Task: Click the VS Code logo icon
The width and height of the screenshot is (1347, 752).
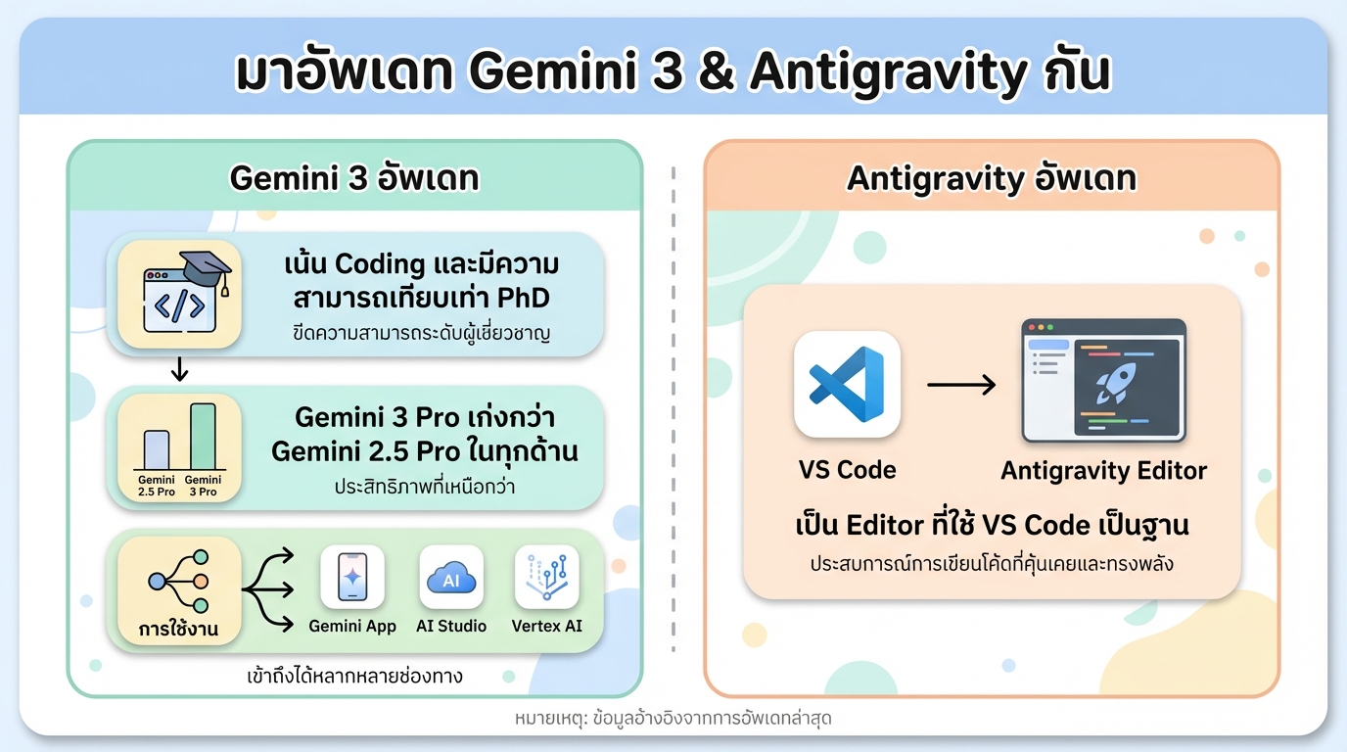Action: [x=847, y=384]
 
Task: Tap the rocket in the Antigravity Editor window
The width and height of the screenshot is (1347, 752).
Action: [x=1117, y=384]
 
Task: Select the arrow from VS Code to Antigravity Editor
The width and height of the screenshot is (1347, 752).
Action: [x=960, y=385]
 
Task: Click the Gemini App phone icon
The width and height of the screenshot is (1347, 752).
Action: [x=352, y=577]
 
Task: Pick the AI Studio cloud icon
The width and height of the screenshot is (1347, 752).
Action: [x=450, y=577]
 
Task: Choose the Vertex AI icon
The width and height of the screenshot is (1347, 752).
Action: [x=546, y=577]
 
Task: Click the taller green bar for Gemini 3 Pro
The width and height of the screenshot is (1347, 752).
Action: [x=203, y=437]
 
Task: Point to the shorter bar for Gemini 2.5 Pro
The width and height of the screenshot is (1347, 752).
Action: [x=157, y=450]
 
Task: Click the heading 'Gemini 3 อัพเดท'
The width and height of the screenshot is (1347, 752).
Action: [x=353, y=178]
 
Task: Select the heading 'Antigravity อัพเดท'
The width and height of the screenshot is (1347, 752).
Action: [x=991, y=178]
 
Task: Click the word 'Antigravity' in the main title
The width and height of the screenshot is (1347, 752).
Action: [x=889, y=74]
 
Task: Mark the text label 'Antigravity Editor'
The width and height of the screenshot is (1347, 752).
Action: [x=1103, y=471]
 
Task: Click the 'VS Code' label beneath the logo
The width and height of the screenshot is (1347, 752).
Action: [x=847, y=470]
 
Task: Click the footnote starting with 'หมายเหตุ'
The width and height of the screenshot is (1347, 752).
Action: [x=673, y=718]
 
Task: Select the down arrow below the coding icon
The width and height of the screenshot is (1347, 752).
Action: [x=179, y=370]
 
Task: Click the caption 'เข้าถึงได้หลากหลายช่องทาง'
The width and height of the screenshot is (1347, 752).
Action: [x=353, y=676]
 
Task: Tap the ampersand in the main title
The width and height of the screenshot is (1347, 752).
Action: [x=717, y=74]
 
